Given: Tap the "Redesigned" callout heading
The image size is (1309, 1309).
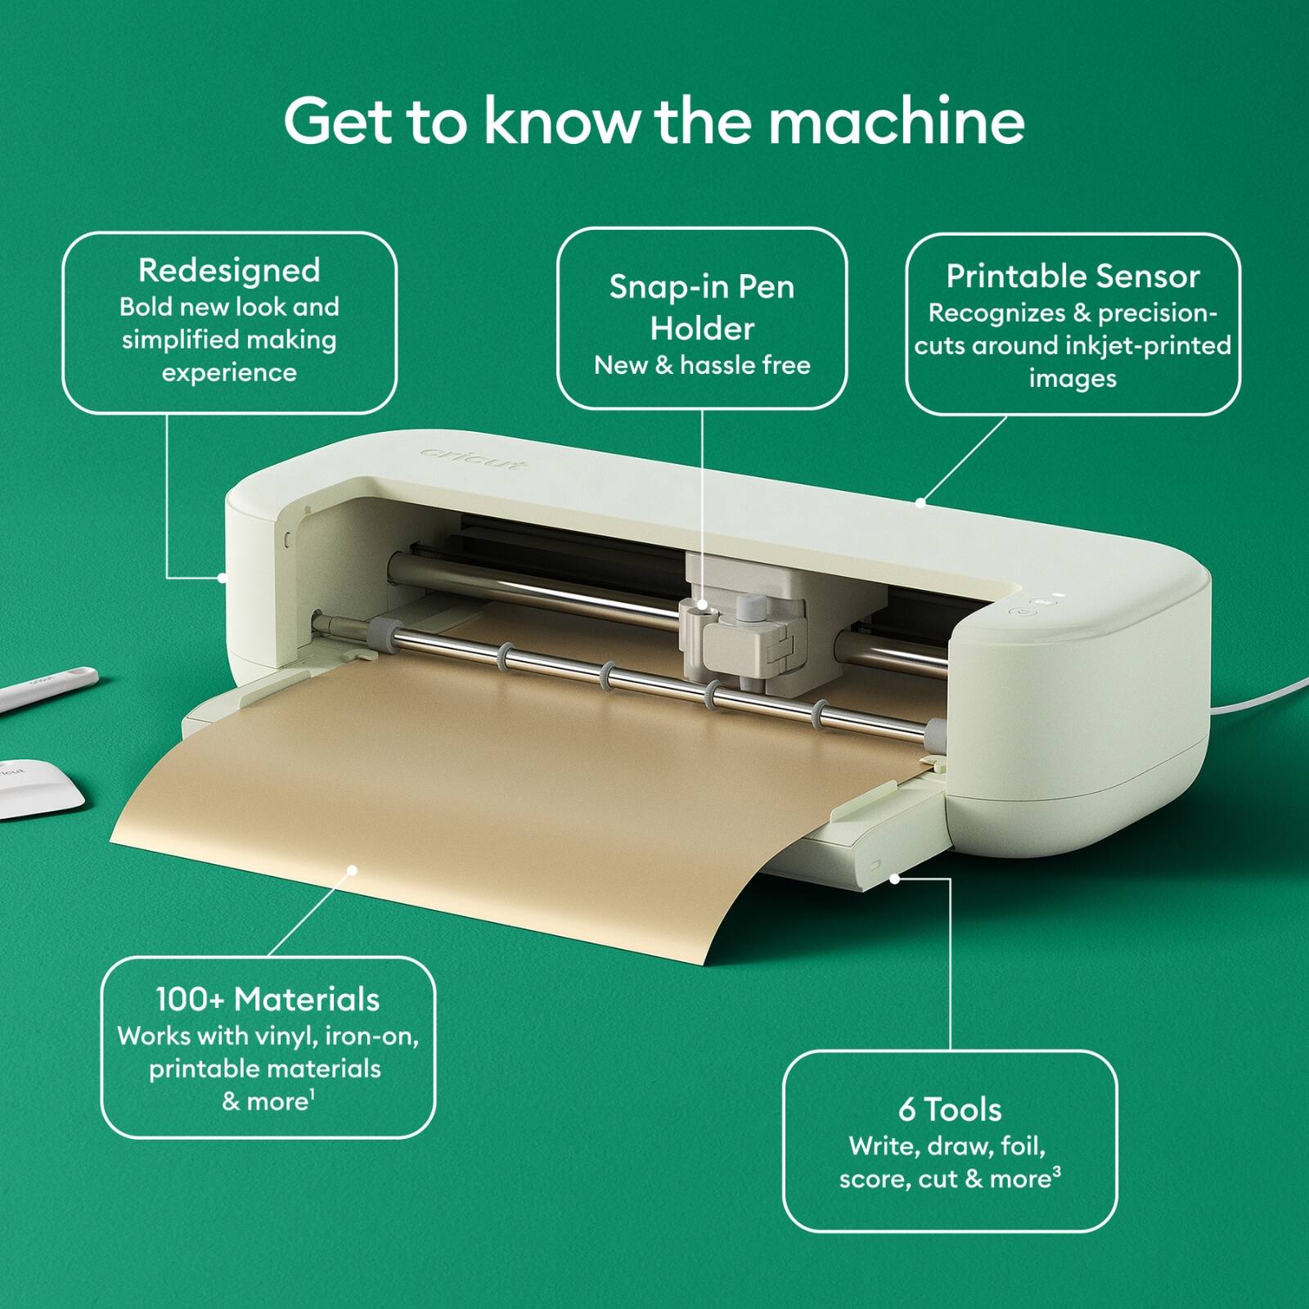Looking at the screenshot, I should click(x=229, y=270).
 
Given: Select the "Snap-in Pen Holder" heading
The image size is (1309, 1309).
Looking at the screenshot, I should click(x=702, y=308).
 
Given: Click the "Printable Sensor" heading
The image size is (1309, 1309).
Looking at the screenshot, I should click(x=1073, y=277).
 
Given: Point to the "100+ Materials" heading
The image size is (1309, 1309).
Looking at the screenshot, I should click(x=268, y=999).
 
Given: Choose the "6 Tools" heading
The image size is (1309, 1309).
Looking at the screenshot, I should click(x=950, y=1109).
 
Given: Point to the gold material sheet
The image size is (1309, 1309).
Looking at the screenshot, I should click(x=491, y=802).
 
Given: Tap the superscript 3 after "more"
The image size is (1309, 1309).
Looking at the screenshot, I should click(x=1057, y=1172).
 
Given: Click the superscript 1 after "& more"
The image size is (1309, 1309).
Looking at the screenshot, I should click(x=313, y=1094).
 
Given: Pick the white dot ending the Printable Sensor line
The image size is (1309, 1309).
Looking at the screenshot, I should click(x=920, y=502).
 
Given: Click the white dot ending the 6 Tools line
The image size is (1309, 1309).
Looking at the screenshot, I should click(x=895, y=879).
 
